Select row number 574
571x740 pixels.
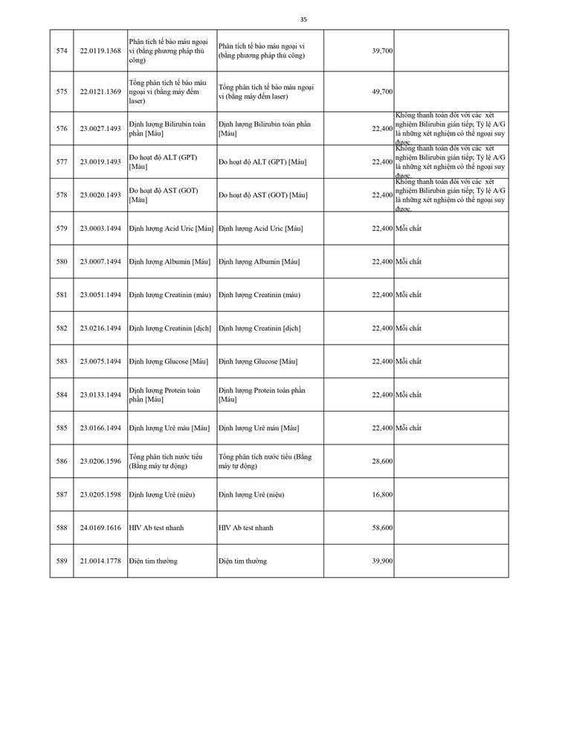click(62, 50)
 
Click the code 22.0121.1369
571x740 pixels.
click(100, 92)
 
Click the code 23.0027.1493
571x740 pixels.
click(100, 128)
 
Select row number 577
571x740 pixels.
click(62, 162)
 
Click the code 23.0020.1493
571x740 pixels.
click(100, 195)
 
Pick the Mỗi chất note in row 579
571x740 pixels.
click(408, 229)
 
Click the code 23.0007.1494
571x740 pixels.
click(100, 261)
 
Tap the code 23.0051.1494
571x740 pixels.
click(100, 295)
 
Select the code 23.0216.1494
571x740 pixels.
click(100, 328)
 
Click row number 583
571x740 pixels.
click(62, 361)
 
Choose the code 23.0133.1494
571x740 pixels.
click(100, 395)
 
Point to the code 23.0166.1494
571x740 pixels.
click(100, 428)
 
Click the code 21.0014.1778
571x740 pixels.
click(100, 561)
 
